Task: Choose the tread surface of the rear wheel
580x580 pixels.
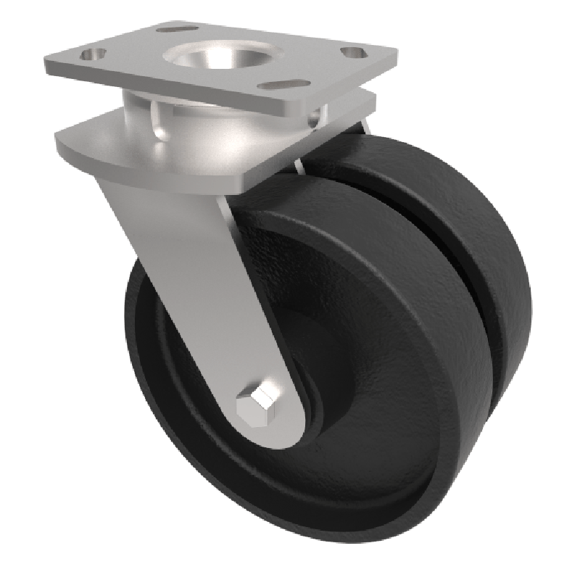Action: click(464, 217)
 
